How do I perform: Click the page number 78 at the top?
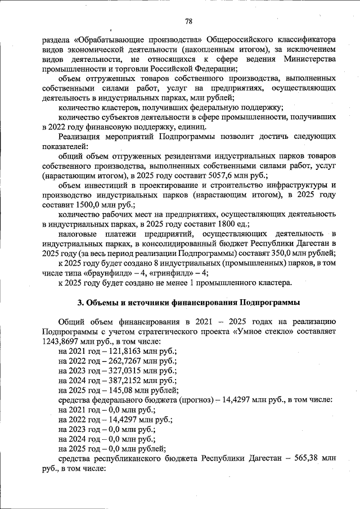pos(188,21)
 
